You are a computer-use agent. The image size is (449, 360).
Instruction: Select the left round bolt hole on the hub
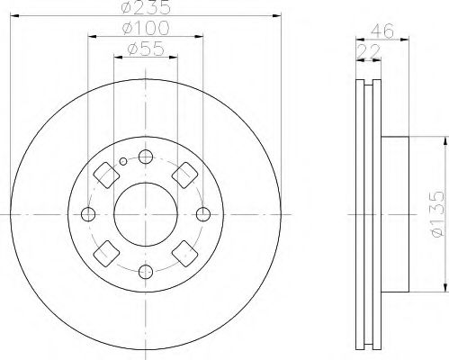87,214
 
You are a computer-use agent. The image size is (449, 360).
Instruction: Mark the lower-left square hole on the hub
104,255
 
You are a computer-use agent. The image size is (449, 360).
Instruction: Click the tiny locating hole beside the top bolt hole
122,163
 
